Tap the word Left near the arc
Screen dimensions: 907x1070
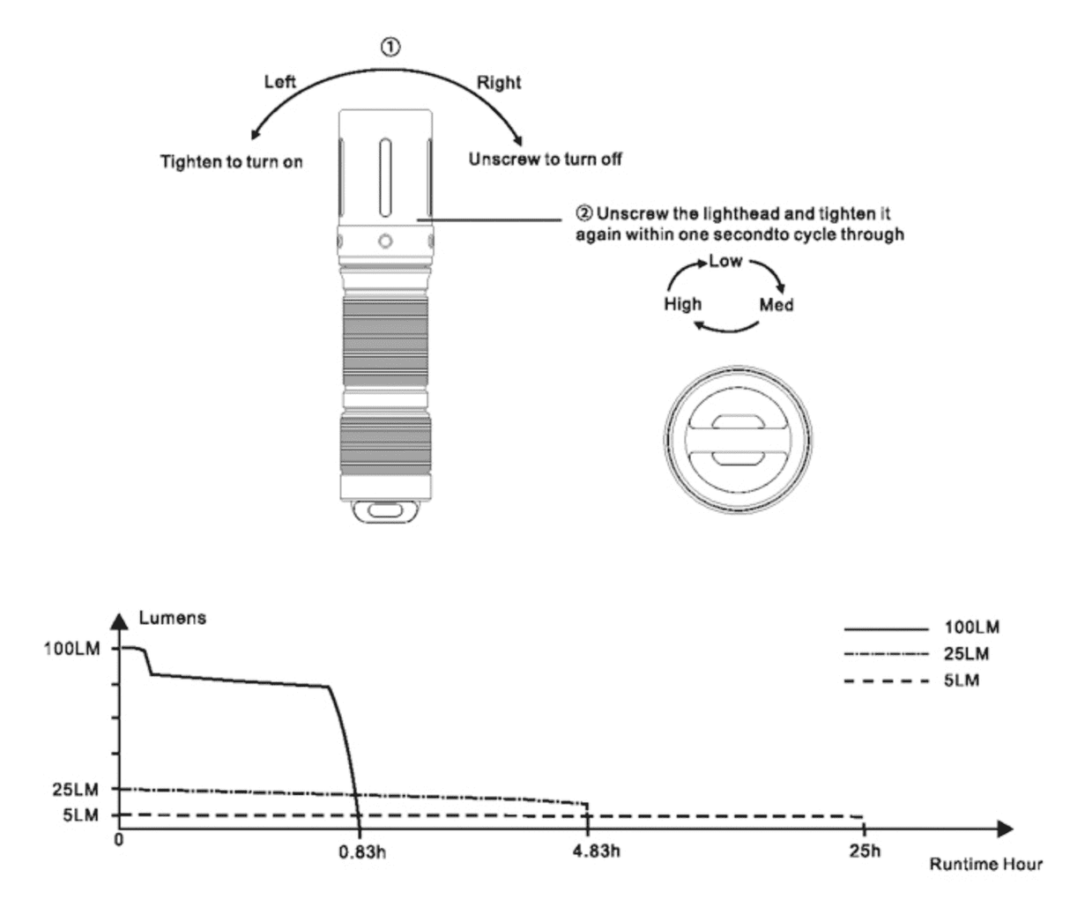[x=280, y=82]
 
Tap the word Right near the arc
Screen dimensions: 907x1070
[x=499, y=83]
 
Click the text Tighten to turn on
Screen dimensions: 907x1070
[x=231, y=162]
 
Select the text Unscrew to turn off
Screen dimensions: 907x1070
[x=545, y=160]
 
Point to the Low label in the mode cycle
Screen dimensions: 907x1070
[x=725, y=261]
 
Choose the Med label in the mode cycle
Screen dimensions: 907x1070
[x=776, y=305]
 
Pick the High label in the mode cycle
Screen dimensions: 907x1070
[x=682, y=304]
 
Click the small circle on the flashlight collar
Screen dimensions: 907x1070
[x=385, y=241]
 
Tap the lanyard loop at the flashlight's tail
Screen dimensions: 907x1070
[x=385, y=511]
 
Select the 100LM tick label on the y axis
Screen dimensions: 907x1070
[x=71, y=648]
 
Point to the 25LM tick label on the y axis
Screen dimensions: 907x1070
[x=75, y=789]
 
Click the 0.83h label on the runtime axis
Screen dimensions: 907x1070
[x=362, y=851]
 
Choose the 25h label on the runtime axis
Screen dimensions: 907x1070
[x=864, y=851]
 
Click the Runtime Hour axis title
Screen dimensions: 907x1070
[x=985, y=864]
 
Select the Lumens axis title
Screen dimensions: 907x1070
[x=173, y=618]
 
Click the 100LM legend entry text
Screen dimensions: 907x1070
[x=970, y=628]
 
